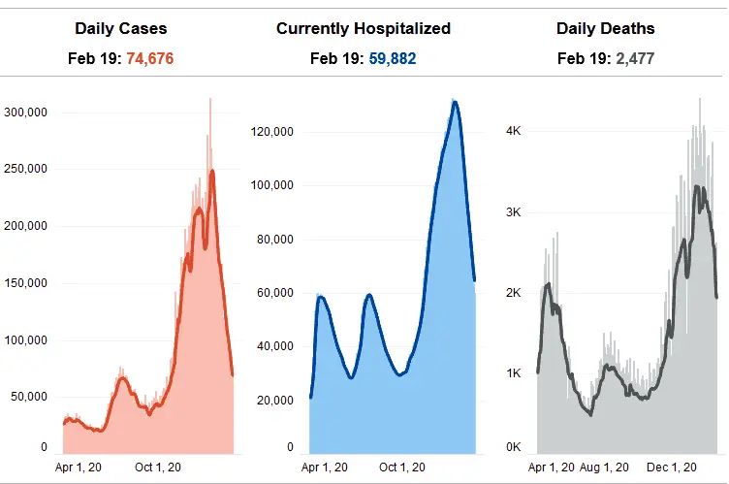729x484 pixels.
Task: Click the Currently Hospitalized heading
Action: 364,28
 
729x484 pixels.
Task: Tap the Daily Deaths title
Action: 605,28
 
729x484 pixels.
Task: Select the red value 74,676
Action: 149,59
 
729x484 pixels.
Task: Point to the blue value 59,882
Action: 392,59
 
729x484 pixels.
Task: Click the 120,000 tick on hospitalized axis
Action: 273,132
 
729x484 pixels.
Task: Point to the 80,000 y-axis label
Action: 276,240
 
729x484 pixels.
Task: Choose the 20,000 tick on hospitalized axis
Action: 276,401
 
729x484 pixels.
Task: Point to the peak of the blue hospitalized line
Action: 454,102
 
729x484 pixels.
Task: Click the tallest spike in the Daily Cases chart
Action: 209,98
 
